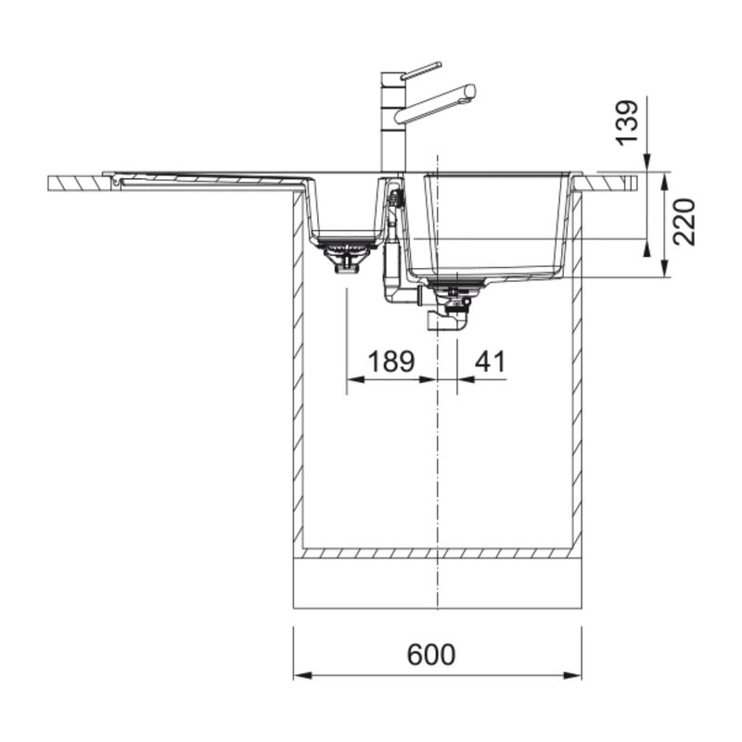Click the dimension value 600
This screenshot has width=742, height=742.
(431, 654)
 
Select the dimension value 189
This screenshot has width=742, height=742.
(390, 361)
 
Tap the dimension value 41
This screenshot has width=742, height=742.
(491, 361)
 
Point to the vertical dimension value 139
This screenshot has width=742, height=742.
(627, 122)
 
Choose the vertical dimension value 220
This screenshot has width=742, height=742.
(684, 222)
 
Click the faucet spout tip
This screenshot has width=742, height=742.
(470, 91)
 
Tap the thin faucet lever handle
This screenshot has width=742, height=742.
(421, 70)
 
